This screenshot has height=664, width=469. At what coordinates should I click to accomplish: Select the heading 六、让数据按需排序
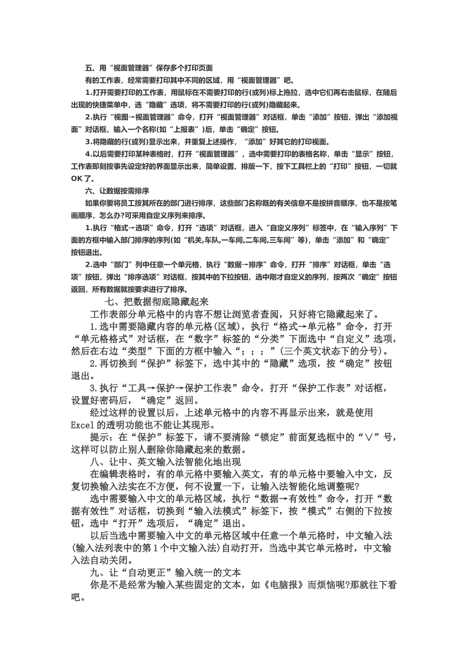[117, 191]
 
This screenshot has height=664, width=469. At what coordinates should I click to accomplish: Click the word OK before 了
[77, 178]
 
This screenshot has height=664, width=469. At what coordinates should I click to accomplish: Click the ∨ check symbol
[367, 437]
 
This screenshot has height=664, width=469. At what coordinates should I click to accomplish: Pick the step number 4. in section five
[89, 154]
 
